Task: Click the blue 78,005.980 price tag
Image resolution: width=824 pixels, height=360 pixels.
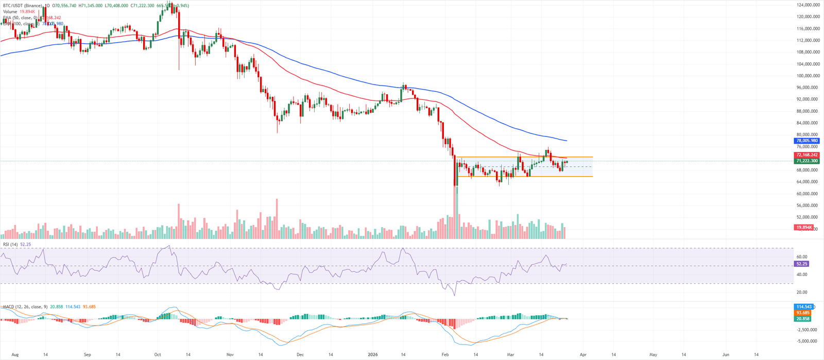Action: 806,141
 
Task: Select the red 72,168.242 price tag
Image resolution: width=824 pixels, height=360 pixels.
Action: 806,155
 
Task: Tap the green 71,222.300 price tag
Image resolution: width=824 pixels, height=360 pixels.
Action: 806,161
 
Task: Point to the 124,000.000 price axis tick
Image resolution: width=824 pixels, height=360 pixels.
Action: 808,5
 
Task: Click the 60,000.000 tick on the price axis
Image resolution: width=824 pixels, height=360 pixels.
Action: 808,194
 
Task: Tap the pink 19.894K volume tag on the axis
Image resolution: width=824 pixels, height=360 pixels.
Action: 804,227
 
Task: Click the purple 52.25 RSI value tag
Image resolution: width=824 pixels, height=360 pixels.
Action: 802,264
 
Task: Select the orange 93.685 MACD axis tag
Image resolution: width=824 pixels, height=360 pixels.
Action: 803,313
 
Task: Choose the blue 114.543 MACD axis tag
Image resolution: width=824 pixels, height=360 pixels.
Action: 803,307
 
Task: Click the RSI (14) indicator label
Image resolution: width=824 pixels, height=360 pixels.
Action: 10,244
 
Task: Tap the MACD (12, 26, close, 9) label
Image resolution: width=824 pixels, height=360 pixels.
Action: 25,307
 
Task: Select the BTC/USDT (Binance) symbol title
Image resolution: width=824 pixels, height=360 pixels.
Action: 22,6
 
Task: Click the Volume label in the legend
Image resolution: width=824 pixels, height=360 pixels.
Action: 10,11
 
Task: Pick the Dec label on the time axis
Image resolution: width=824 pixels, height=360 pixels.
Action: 300,354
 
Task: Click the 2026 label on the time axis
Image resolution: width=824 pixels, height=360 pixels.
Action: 373,354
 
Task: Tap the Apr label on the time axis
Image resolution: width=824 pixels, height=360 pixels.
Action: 583,354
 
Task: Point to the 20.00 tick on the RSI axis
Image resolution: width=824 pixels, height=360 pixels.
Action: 801,292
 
